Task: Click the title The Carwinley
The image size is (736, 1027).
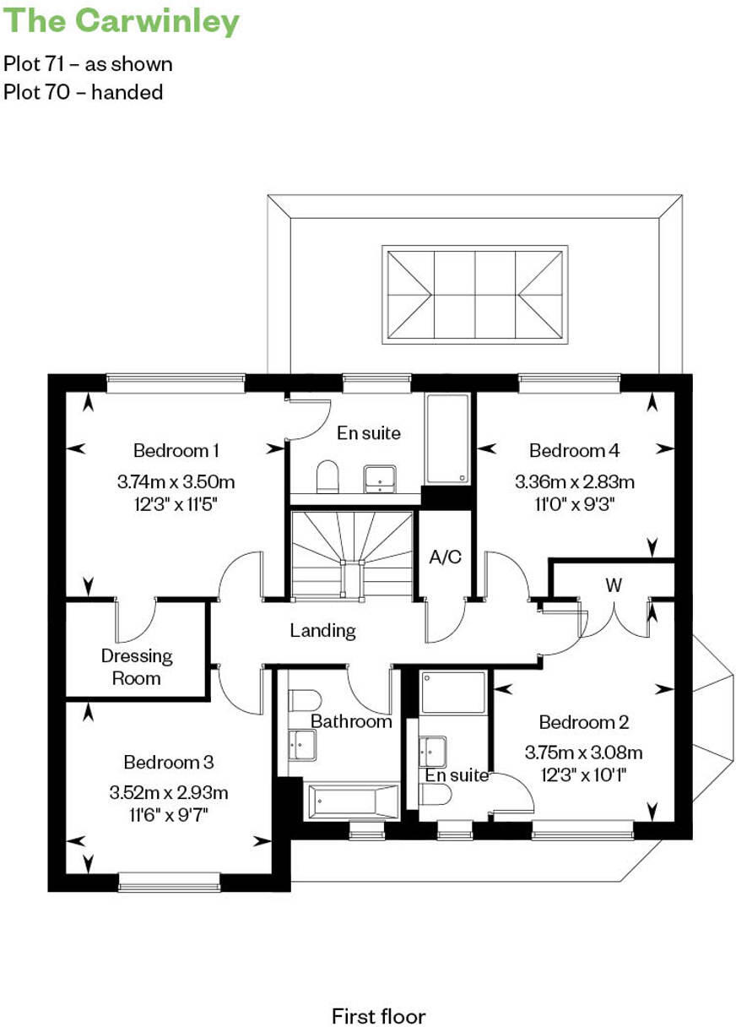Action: [x=122, y=21]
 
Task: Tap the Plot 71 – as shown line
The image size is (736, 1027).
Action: [x=88, y=64]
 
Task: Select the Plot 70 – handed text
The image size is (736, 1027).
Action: [x=83, y=92]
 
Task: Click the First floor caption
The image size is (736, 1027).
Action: [x=378, y=993]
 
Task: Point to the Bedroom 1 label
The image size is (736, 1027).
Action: [x=176, y=450]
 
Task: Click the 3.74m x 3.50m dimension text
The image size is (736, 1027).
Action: [x=176, y=483]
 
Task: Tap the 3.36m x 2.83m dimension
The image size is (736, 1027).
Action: [x=574, y=483]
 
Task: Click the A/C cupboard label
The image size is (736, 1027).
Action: [x=445, y=558]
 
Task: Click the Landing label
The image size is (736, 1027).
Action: [x=322, y=630]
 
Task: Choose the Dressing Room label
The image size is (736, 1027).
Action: [x=137, y=666]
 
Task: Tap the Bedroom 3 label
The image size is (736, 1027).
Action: [x=168, y=762]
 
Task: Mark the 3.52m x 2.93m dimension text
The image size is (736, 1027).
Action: [x=168, y=793]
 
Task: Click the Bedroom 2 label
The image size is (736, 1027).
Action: [x=583, y=722]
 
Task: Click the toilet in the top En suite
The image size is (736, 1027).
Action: [x=327, y=478]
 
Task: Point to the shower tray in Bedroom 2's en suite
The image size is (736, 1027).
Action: [x=454, y=692]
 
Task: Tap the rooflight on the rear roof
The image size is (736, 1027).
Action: [x=474, y=295]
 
